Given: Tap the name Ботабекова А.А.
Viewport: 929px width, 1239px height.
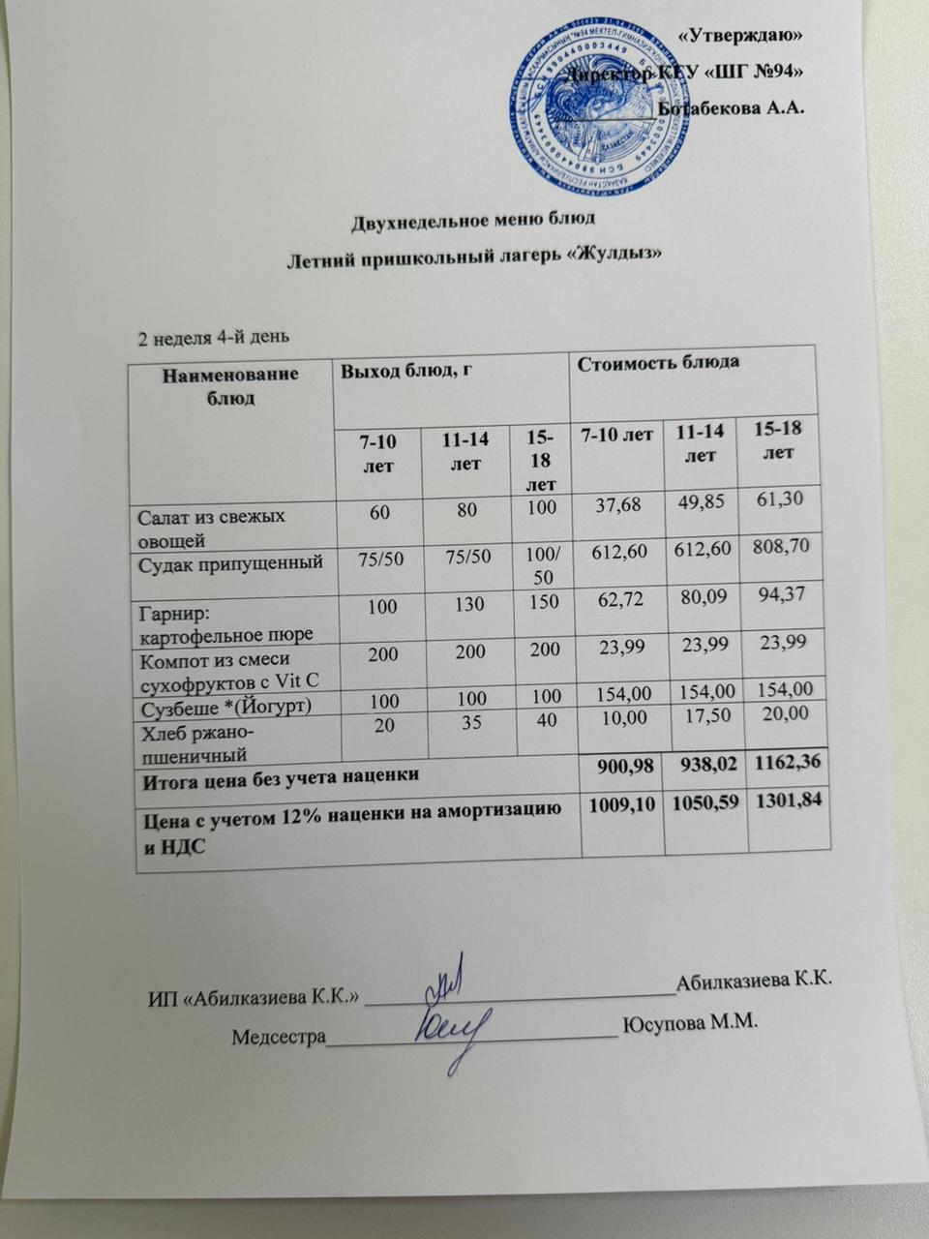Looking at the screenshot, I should pyautogui.click(x=732, y=107).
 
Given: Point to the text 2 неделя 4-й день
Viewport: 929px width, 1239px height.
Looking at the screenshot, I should pyautogui.click(x=213, y=338).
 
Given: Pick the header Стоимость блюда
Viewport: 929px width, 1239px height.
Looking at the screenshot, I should pyautogui.click(x=658, y=363).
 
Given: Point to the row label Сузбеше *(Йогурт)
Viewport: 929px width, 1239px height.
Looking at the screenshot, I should pyautogui.click(x=225, y=705).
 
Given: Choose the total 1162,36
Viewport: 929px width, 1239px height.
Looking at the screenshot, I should pyautogui.click(x=784, y=764).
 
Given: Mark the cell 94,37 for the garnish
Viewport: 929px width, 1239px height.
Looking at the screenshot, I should pyautogui.click(x=782, y=594).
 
